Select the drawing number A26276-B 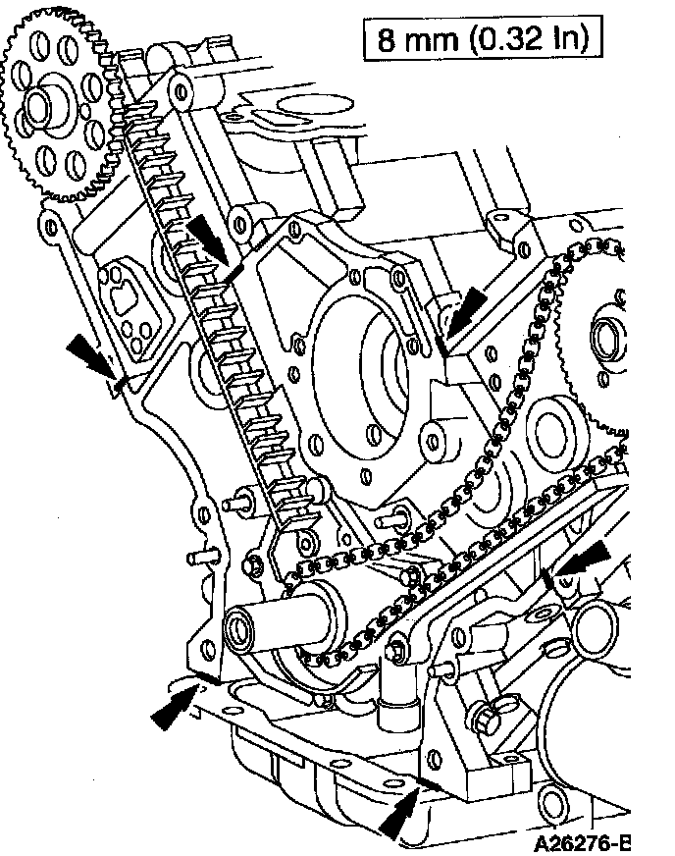[x=580, y=842]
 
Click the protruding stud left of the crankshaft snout [x=234, y=504]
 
